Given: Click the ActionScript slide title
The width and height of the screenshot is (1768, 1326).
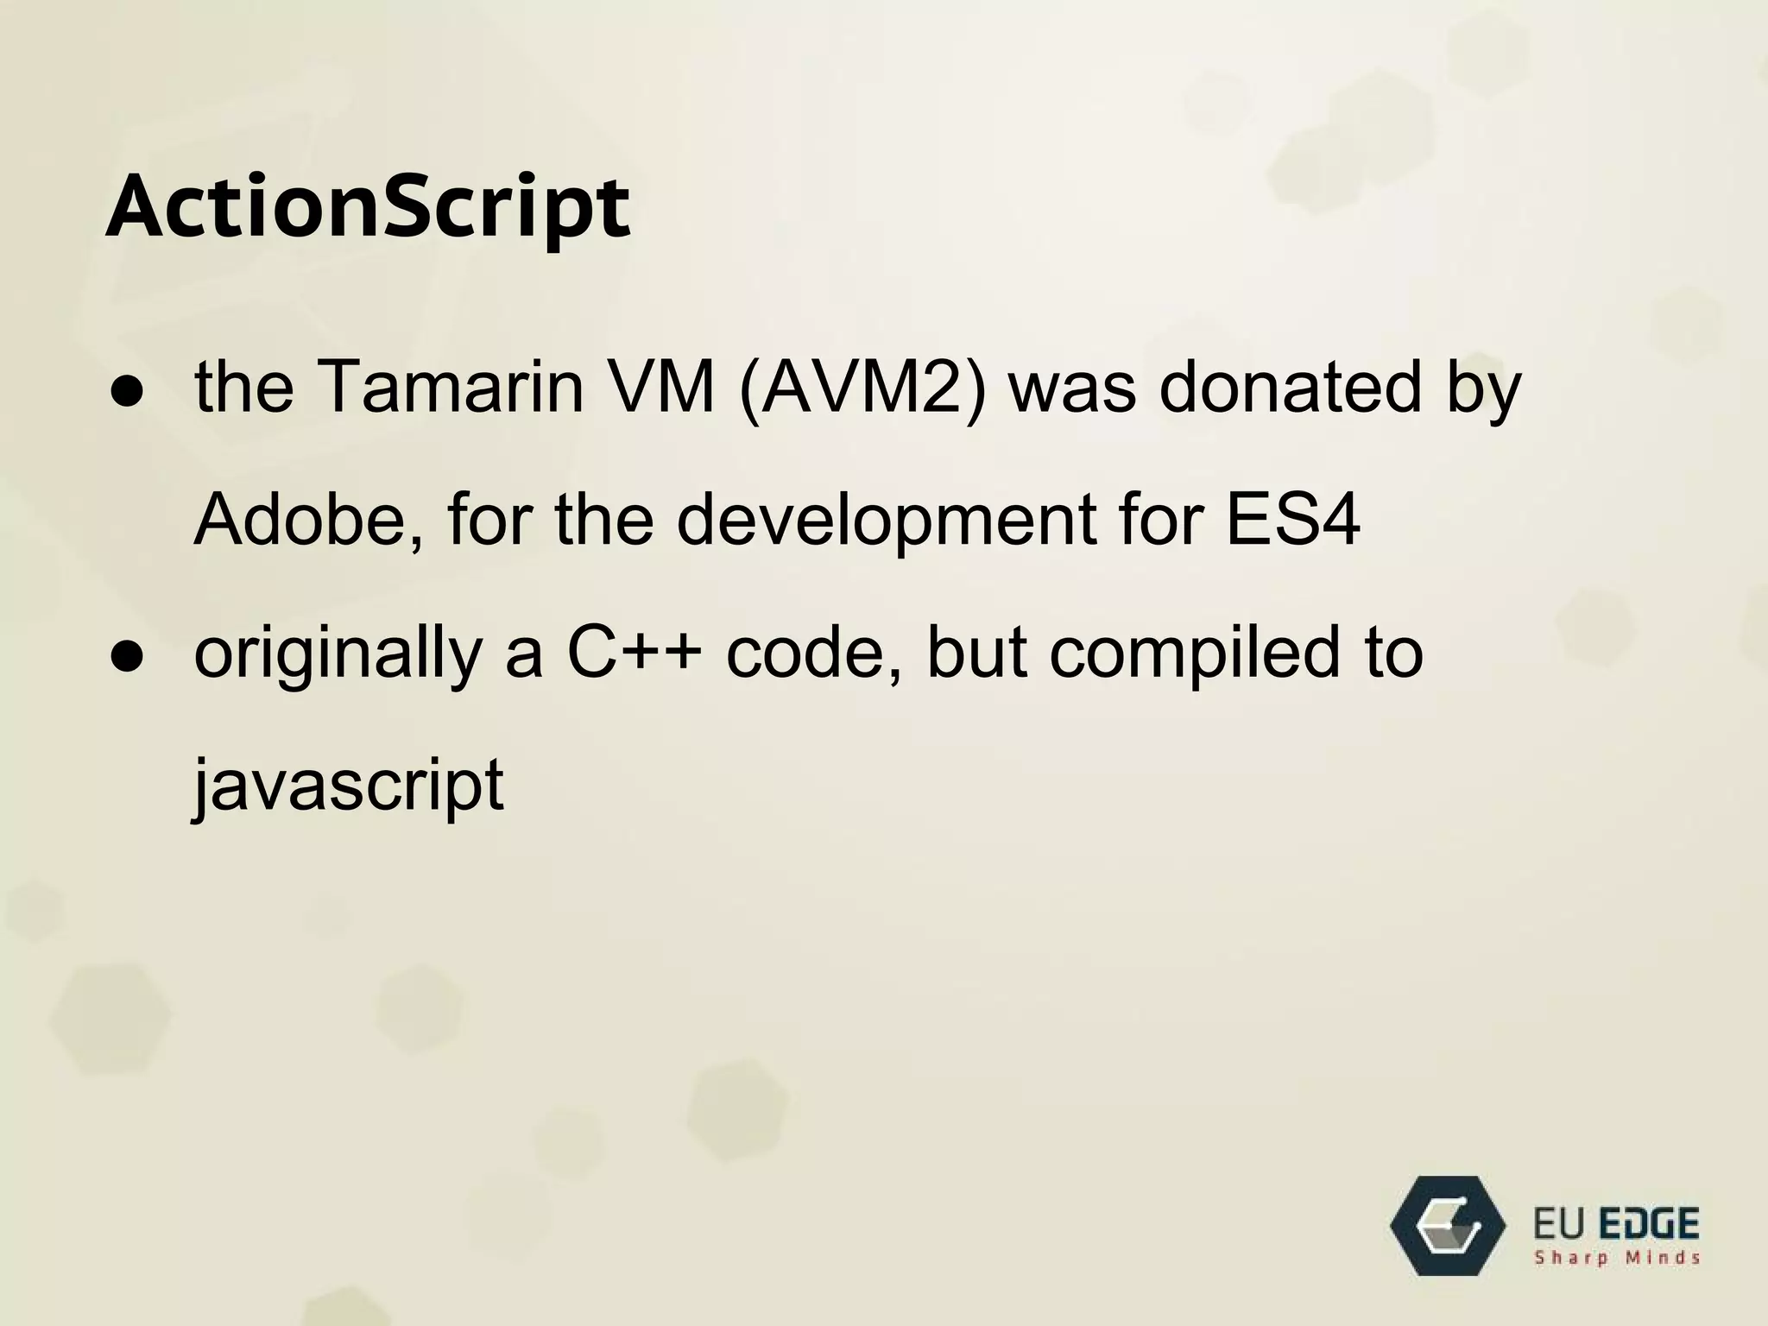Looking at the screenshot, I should coord(368,208).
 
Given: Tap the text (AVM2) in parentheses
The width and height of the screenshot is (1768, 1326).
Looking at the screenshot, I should coord(862,388).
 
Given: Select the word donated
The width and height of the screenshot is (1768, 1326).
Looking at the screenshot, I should coord(1289,386).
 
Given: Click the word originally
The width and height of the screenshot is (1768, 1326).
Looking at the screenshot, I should coord(338,654).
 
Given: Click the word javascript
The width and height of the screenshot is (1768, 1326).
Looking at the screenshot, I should coord(348,786).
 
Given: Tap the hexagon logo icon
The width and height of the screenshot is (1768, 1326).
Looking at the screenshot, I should coord(1447,1225).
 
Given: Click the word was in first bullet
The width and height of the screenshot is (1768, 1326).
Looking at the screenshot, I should coord(1073,386).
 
